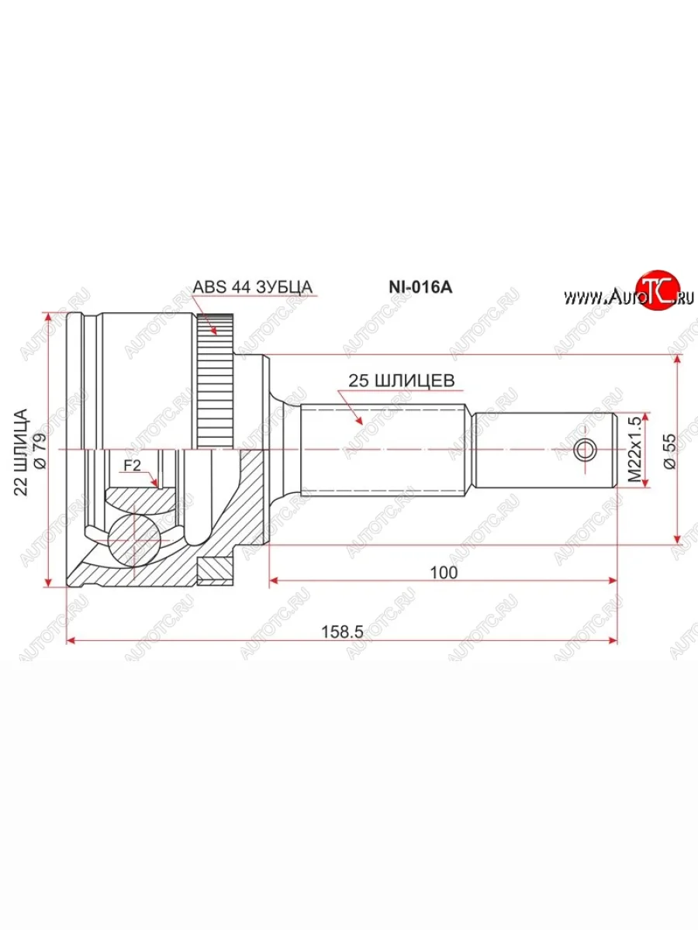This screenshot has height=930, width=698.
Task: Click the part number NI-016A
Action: pyautogui.click(x=420, y=287)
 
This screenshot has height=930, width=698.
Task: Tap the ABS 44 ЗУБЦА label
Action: pyautogui.click(x=252, y=287)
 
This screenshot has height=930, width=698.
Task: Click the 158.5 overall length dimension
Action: pyautogui.click(x=342, y=631)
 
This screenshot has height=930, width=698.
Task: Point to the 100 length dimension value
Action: pyautogui.click(x=443, y=572)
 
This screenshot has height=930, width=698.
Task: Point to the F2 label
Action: pyautogui.click(x=132, y=466)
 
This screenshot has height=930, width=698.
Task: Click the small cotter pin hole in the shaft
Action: pyautogui.click(x=586, y=449)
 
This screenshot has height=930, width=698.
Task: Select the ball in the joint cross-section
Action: pyautogui.click(x=133, y=537)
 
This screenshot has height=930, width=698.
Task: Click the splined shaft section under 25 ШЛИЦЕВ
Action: pyautogui.click(x=384, y=449)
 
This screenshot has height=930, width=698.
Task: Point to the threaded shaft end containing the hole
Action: pyautogui.click(x=547, y=449)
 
